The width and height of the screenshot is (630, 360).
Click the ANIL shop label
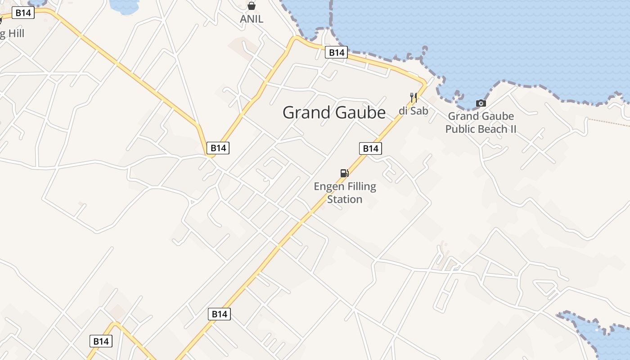[252, 19]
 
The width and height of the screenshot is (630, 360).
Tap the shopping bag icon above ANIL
[252, 6]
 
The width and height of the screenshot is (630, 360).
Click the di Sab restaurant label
[413, 111]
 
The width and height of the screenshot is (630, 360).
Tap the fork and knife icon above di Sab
[414, 97]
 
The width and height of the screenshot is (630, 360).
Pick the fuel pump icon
[344, 173]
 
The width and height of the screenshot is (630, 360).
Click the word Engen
[329, 186]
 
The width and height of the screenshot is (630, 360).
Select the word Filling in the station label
[361, 186]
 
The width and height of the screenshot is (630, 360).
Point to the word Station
[345, 199]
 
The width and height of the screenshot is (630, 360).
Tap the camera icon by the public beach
[481, 103]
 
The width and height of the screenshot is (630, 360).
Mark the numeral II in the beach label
[513, 129]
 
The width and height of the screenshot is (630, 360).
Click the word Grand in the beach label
[463, 116]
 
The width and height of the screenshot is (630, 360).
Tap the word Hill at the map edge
[15, 34]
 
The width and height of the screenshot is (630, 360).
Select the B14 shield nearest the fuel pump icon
[370, 148]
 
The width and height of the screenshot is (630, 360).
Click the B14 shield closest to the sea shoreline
[336, 53]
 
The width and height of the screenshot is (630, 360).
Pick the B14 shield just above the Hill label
[23, 13]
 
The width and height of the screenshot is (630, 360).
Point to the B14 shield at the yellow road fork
[218, 148]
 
